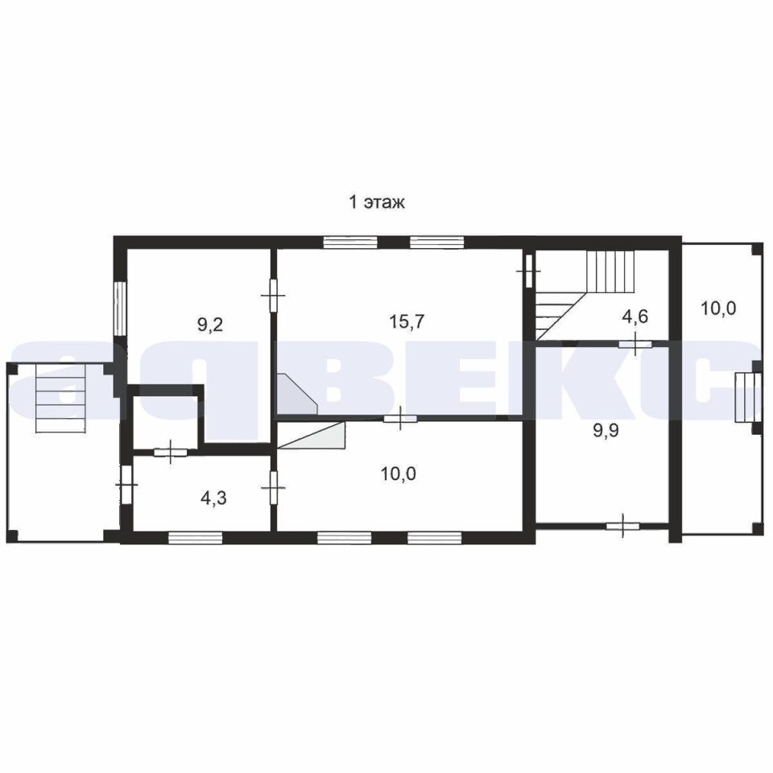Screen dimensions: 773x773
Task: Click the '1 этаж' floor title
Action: tap(377, 202)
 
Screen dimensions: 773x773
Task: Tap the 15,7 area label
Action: tap(407, 322)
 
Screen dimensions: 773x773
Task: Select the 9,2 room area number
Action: tap(210, 324)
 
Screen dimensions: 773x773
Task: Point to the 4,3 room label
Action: tap(213, 498)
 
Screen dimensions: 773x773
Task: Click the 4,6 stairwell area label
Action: tap(635, 316)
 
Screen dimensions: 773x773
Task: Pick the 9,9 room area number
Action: tap(606, 431)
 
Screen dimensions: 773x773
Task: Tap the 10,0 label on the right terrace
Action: tap(718, 308)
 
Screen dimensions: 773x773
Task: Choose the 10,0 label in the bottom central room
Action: tap(399, 473)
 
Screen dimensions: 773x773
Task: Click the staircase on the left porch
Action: tap(62, 399)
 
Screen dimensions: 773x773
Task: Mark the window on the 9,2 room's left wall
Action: tap(118, 308)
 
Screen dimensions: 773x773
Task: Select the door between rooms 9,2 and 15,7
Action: tap(273, 296)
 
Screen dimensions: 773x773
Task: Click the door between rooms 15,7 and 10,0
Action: tap(400, 419)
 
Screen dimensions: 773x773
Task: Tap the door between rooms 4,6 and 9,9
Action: tap(635, 344)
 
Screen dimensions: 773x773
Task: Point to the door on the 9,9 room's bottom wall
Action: tap(622, 526)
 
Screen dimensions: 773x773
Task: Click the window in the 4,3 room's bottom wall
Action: tap(195, 538)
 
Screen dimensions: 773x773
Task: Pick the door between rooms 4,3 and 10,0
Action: tap(274, 488)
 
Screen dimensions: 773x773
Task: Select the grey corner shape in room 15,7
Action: tap(296, 394)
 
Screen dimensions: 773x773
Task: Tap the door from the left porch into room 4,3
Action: tap(126, 485)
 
